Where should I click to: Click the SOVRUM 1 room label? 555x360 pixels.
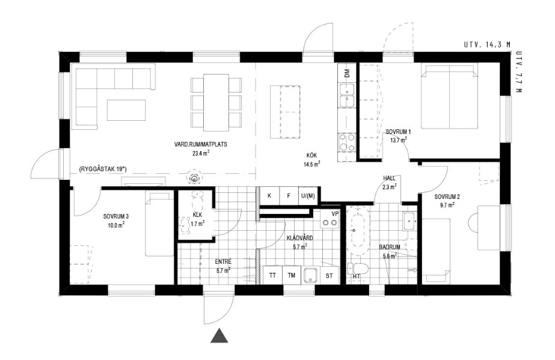tap(398, 132)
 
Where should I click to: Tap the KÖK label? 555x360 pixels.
tap(311, 155)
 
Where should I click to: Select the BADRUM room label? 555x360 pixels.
tap(390, 247)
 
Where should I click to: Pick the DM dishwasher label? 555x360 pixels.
tap(346, 73)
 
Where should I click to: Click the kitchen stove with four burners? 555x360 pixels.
tap(346, 142)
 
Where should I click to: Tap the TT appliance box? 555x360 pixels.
tap(272, 275)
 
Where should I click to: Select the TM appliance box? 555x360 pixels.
tap(291, 275)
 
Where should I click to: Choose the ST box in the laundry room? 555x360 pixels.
tap(329, 275)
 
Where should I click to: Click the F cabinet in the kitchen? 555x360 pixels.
tap(289, 195)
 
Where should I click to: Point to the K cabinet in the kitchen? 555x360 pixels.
tap(270, 195)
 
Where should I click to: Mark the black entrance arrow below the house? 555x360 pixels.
tap(219, 335)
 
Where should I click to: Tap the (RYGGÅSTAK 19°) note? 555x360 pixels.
tap(103, 169)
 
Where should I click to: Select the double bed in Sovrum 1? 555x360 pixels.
tap(449, 96)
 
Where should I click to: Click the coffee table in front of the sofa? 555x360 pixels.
tap(126, 110)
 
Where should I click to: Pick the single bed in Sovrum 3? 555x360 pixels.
tap(159, 224)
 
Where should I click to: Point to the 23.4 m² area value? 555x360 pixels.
tap(201, 153)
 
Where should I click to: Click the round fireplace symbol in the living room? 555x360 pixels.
tap(194, 179)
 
